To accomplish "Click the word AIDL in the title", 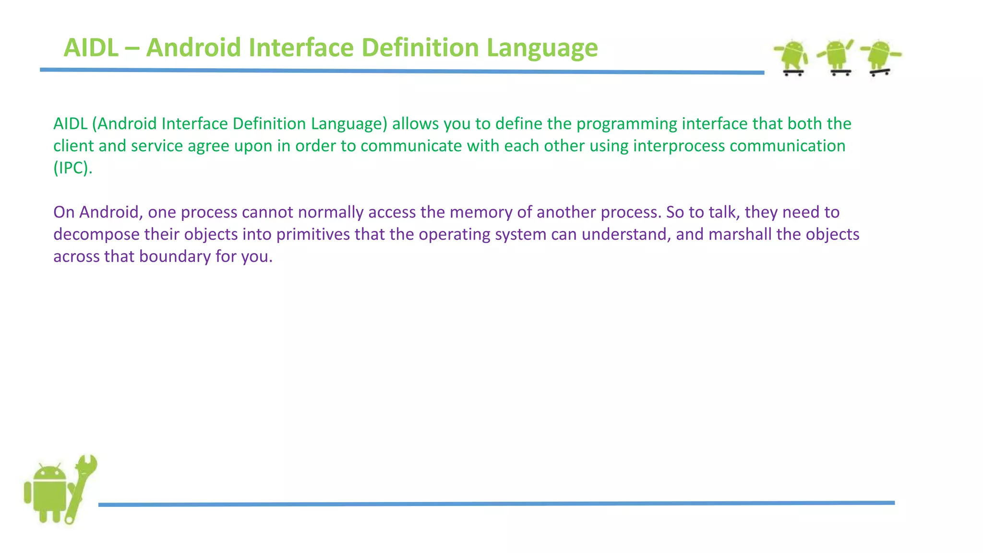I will [91, 48].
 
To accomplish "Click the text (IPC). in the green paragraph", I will [72, 168].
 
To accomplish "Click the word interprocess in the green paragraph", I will [679, 146].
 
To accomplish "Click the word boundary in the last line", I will [175, 256].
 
